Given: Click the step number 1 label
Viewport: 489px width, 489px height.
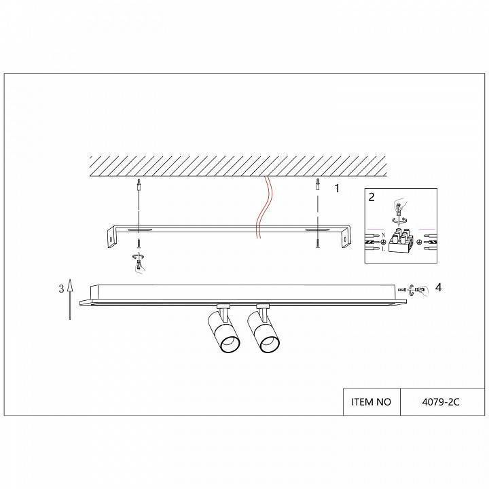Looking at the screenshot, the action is point(337,188).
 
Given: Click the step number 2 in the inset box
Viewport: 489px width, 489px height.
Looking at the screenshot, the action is point(372,197).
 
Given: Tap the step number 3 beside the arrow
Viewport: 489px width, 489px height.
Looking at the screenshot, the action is point(61,289).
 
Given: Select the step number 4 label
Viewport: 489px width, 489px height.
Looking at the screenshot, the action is point(439,287).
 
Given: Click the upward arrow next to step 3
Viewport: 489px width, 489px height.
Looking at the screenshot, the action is point(70,299).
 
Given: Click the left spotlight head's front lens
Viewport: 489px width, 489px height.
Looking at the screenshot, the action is point(230,345).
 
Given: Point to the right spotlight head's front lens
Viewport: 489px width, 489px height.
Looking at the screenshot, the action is point(270,344).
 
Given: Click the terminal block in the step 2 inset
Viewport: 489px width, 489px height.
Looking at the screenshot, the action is point(401,242).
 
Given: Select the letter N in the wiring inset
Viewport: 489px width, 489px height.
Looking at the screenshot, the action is point(383,235).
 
